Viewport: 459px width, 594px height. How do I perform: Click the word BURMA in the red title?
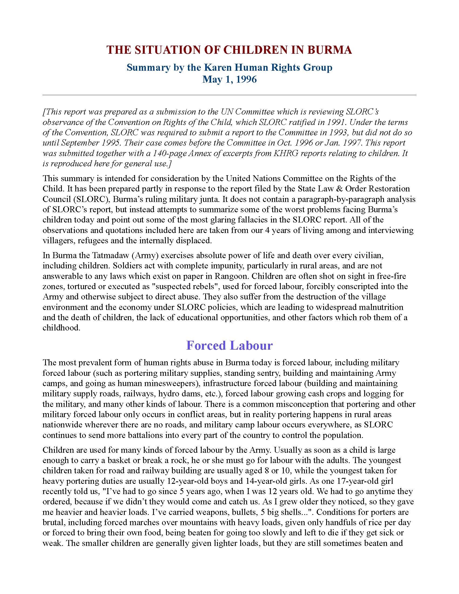[330, 50]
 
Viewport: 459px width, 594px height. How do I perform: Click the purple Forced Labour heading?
[230, 345]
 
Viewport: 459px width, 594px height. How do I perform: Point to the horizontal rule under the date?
[230, 95]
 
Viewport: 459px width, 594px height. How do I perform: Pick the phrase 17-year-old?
[347, 481]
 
